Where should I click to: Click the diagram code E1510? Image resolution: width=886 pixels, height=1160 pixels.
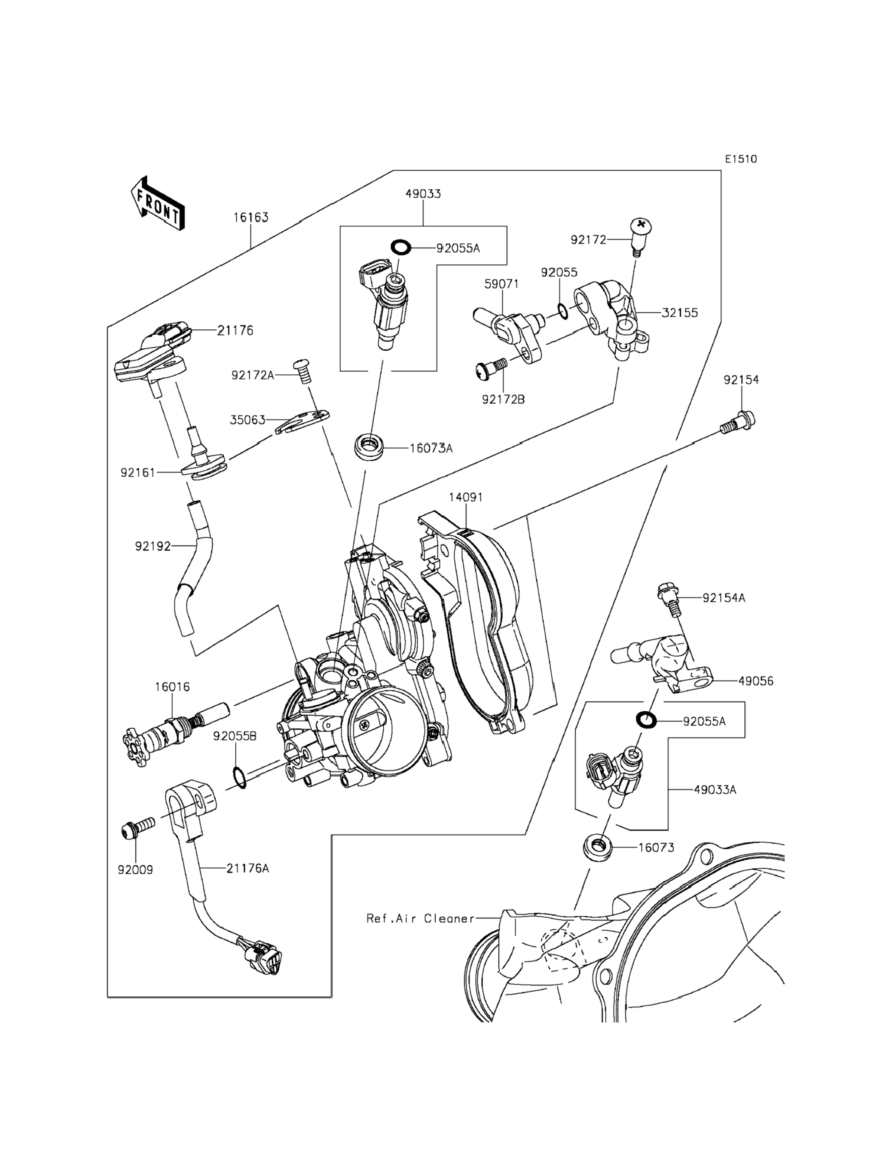pyautogui.click(x=740, y=159)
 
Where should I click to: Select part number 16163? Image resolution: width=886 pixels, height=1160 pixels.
pyautogui.click(x=251, y=217)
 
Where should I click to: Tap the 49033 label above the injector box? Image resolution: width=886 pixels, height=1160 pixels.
pyautogui.click(x=423, y=193)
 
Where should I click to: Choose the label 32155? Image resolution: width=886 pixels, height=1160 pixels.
pyautogui.click(x=680, y=313)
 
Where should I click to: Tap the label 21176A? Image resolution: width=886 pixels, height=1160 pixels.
pyautogui.click(x=247, y=868)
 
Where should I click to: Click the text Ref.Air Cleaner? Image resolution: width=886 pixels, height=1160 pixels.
pyautogui.click(x=420, y=918)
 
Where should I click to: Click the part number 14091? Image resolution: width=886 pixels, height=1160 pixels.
pyautogui.click(x=466, y=497)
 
